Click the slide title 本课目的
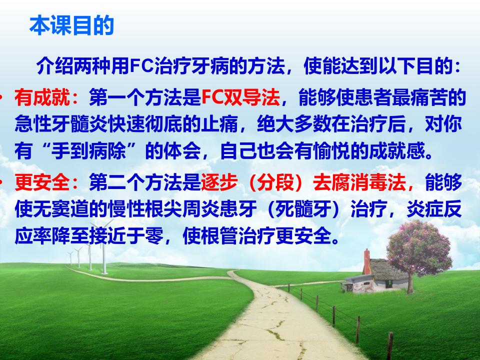tap(72, 26)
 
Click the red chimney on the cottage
tap(367, 260)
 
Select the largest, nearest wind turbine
tap(103, 250)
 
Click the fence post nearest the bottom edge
tap(389, 345)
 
